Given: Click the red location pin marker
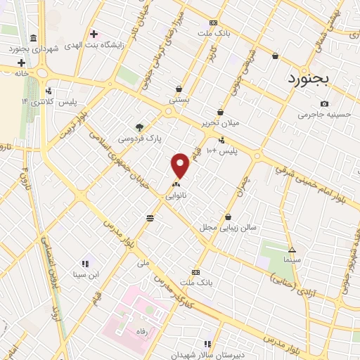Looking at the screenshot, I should click(181, 165).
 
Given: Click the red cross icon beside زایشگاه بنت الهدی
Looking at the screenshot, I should click(94, 34).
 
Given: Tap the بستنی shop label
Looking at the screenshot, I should click(179, 101).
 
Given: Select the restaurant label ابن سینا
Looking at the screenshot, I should click(85, 274).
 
